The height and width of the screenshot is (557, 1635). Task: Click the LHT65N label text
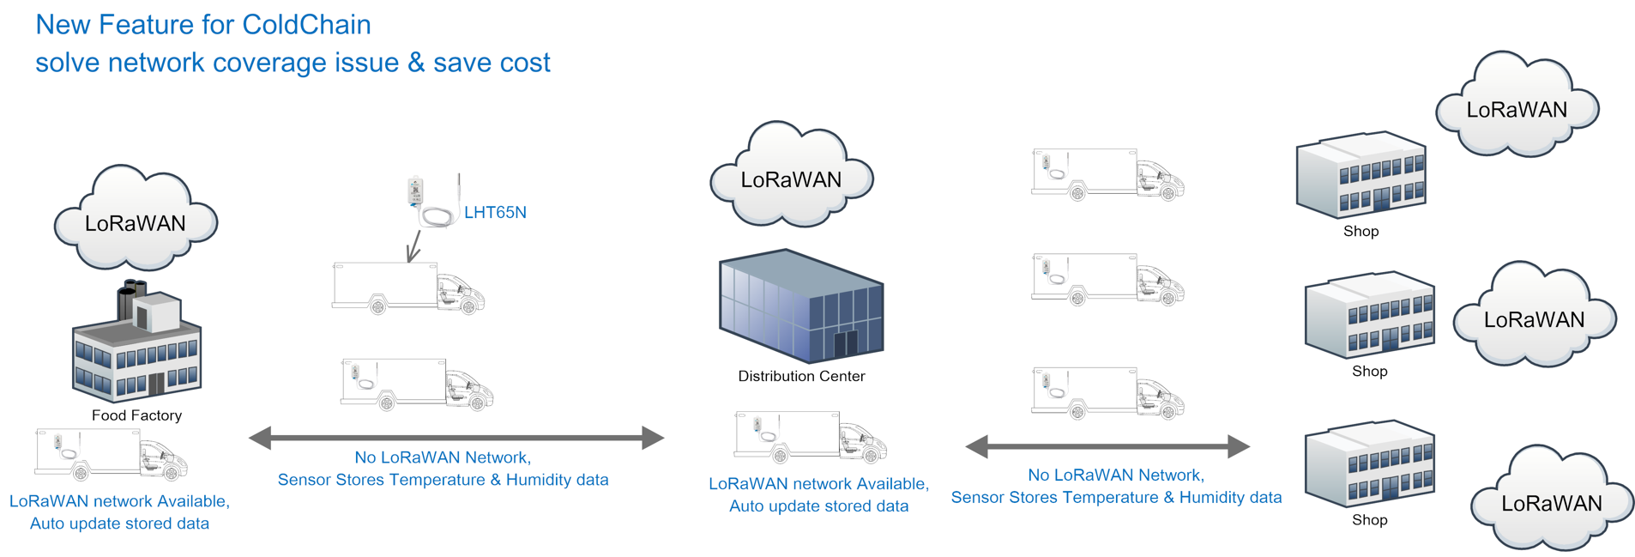(x=495, y=213)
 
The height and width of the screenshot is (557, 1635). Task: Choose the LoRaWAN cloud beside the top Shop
(x=1517, y=105)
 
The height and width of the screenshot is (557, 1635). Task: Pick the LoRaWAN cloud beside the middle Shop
(x=1534, y=315)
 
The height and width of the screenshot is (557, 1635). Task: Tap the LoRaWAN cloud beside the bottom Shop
(x=1551, y=499)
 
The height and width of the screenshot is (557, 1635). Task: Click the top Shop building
(x=1360, y=175)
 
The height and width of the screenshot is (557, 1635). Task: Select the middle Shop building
(x=1369, y=315)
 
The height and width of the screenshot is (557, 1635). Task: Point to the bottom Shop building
(x=1369, y=463)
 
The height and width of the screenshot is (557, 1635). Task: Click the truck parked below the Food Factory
(x=111, y=454)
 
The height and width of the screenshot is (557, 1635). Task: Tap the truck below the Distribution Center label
(x=811, y=437)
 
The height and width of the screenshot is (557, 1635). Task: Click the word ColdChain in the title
(x=306, y=25)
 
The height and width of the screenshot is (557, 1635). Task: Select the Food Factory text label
(x=137, y=415)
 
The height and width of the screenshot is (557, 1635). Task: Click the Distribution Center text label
(x=801, y=376)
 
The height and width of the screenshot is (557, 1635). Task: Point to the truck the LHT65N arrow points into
(x=408, y=288)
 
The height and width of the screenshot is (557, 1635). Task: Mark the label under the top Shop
(x=1361, y=232)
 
